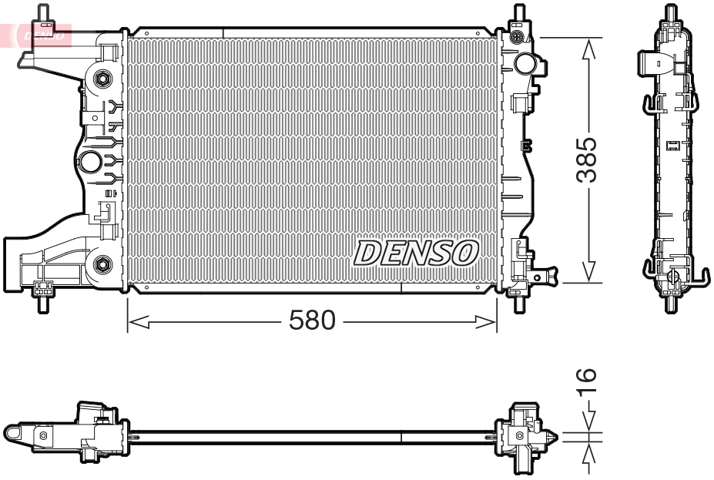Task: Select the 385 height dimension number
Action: (588, 160)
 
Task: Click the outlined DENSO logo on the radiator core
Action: (416, 253)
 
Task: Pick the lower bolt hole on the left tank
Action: (101, 265)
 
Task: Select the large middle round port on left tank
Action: (90, 162)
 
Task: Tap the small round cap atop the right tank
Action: (517, 37)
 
